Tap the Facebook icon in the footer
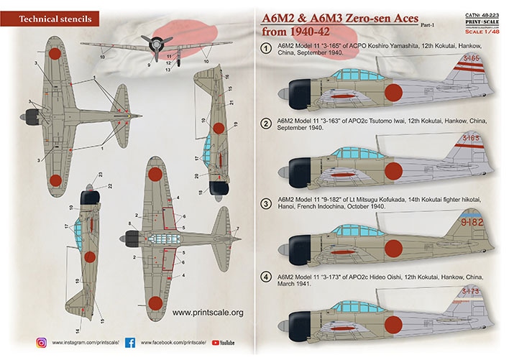pos(130,343)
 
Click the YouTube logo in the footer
pos(222,343)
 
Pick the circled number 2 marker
pos(265,124)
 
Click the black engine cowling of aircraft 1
pos(291,93)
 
